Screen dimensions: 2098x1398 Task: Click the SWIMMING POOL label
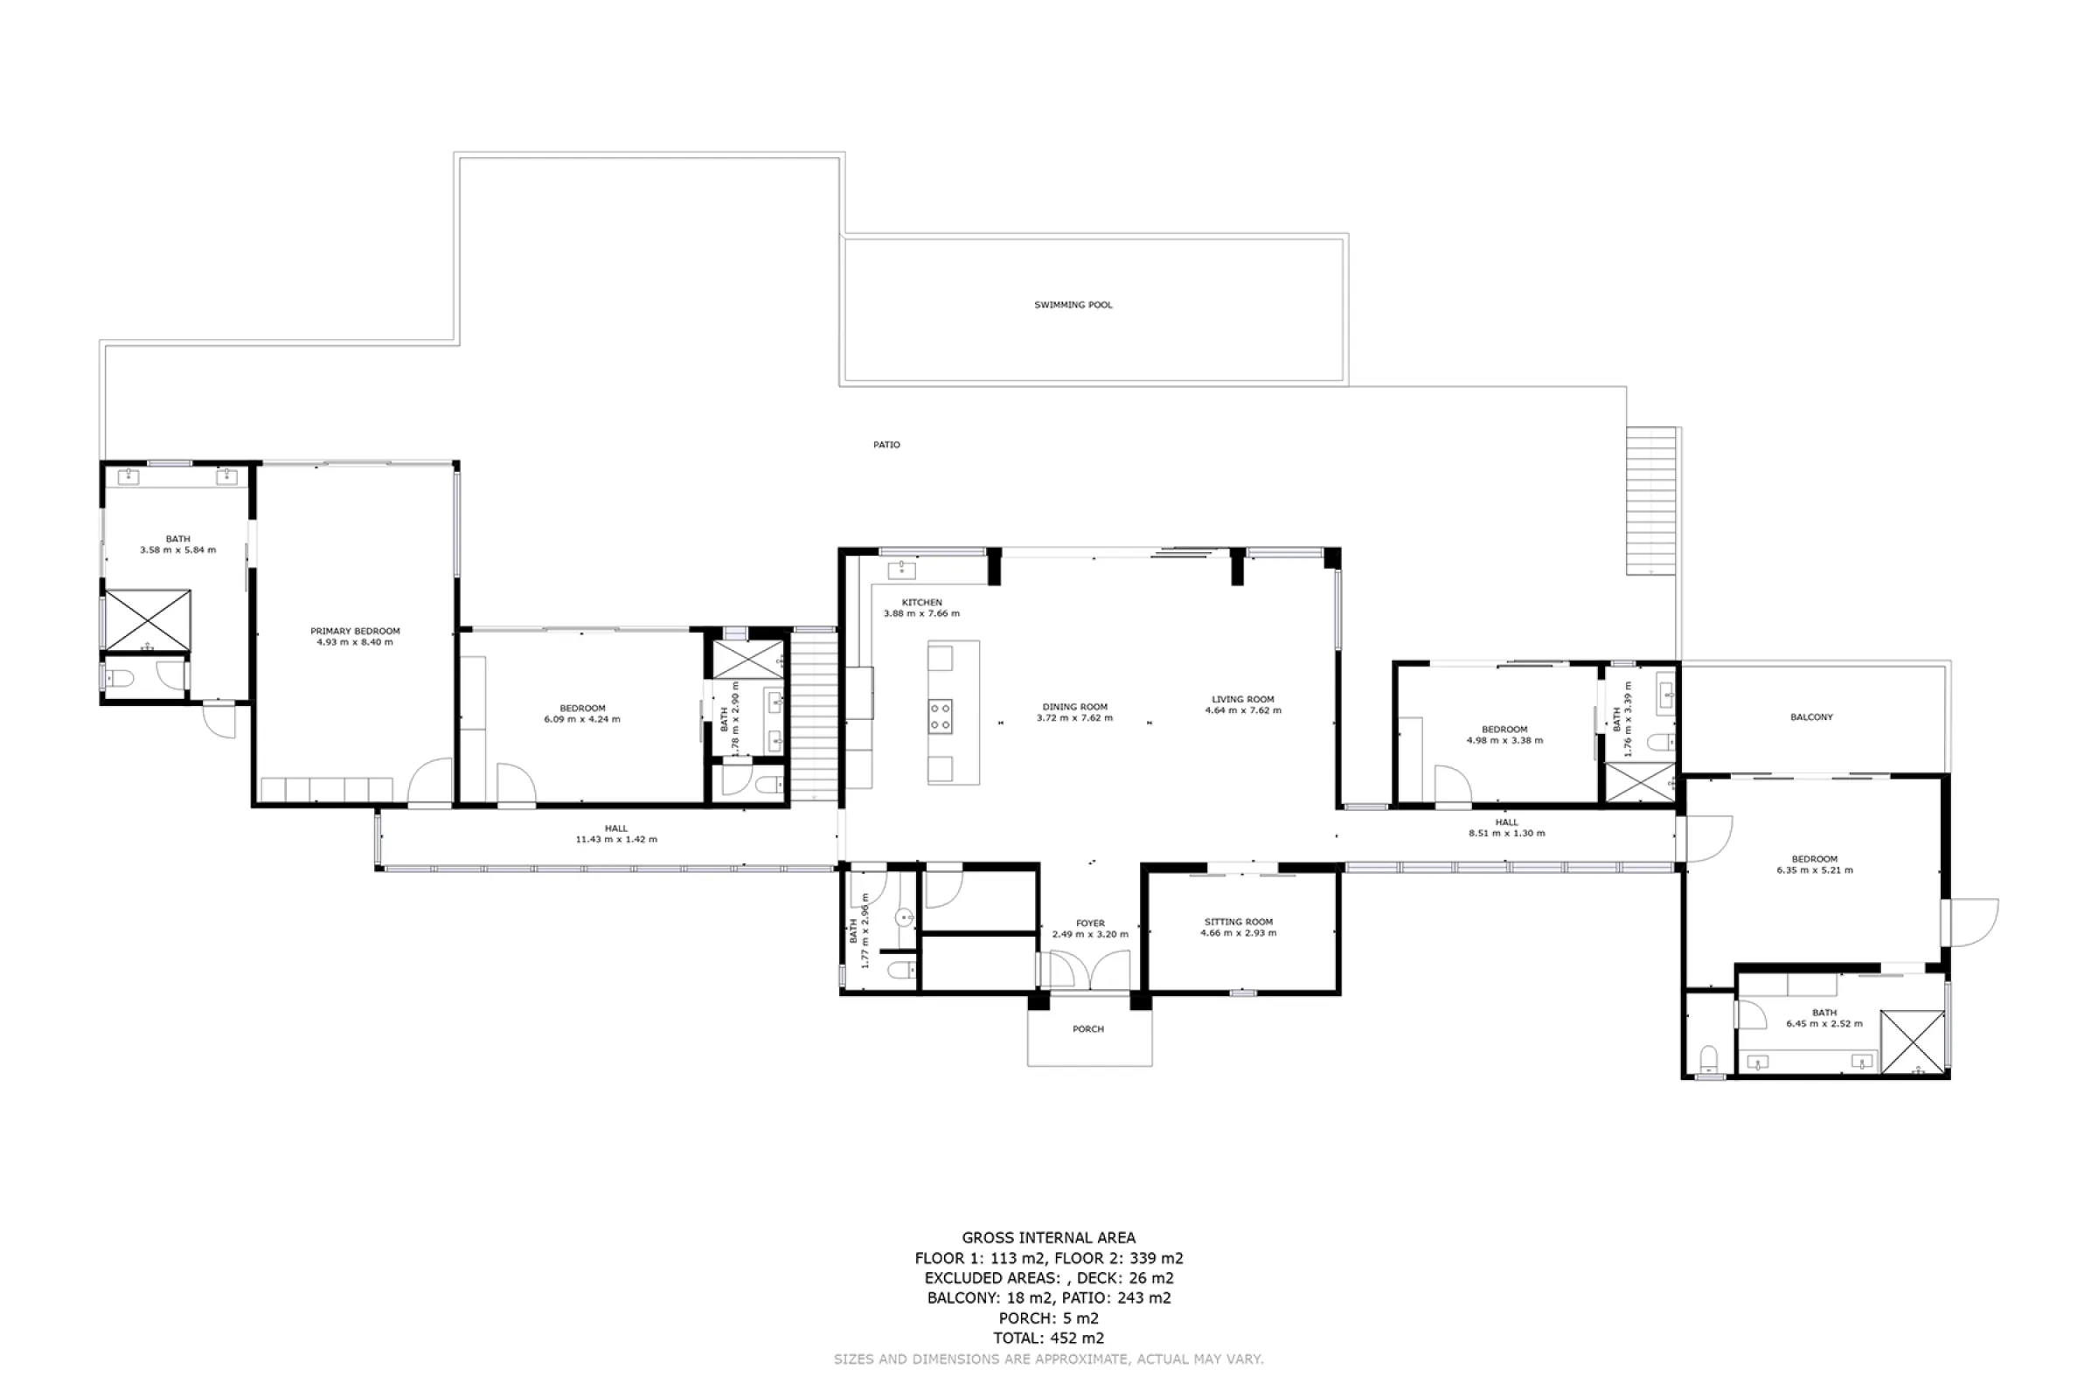[1073, 305]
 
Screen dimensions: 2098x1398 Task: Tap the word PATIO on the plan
[886, 445]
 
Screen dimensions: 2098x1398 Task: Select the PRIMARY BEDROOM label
[355, 631]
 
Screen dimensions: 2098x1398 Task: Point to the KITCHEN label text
[921, 603]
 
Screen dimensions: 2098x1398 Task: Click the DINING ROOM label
[1075, 707]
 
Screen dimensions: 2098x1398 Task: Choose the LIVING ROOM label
[1242, 700]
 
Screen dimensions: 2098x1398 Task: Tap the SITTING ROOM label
[1238, 922]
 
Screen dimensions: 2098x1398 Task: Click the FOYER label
[1090, 924]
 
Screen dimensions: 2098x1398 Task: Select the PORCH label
[1088, 1029]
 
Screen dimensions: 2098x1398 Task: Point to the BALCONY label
[1811, 716]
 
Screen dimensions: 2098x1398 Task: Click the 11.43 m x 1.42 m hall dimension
[616, 840]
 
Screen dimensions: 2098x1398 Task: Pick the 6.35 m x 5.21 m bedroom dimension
[1815, 870]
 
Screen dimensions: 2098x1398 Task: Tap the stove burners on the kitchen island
[941, 716]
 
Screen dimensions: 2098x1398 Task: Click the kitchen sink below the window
[901, 570]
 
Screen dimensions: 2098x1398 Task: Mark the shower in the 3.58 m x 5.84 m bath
[147, 619]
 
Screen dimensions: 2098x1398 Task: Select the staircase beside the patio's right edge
[1651, 501]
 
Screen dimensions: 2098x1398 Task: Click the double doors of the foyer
[1090, 969]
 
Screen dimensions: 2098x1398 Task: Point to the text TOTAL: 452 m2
[1049, 1339]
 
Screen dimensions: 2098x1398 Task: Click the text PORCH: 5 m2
[1049, 1318]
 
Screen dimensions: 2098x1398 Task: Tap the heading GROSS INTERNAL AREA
[1049, 1237]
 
